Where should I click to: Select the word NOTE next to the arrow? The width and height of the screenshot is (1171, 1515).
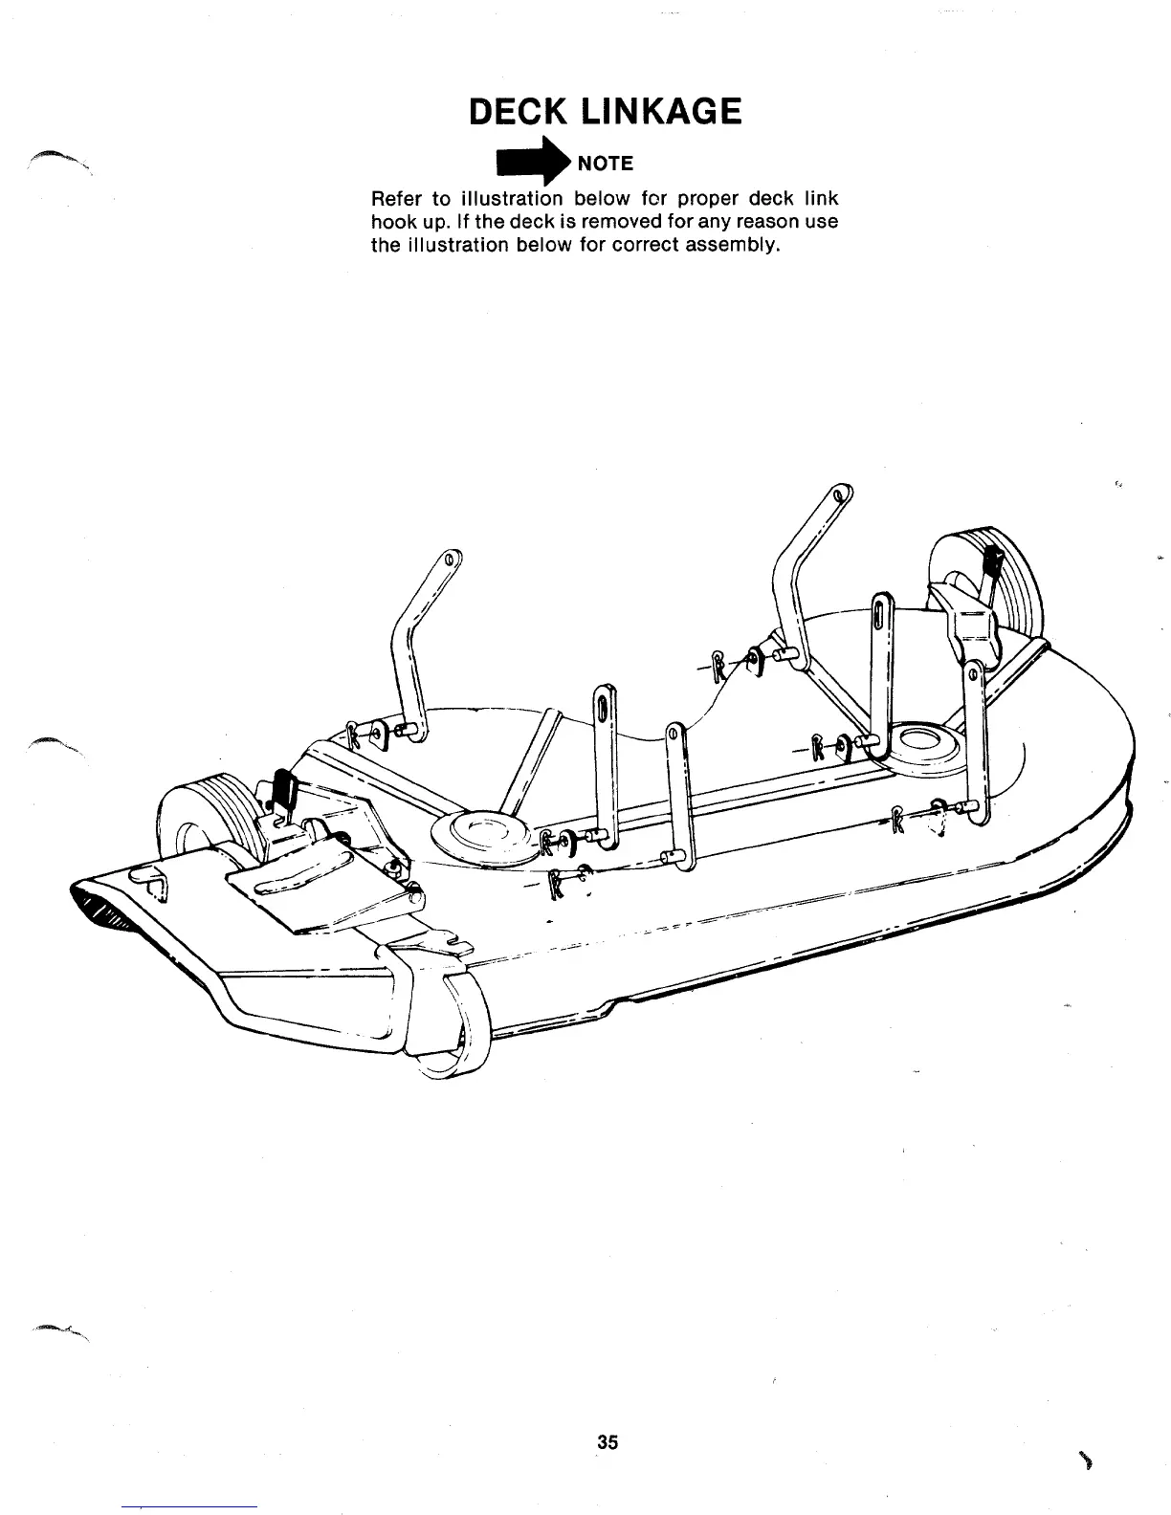606,164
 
